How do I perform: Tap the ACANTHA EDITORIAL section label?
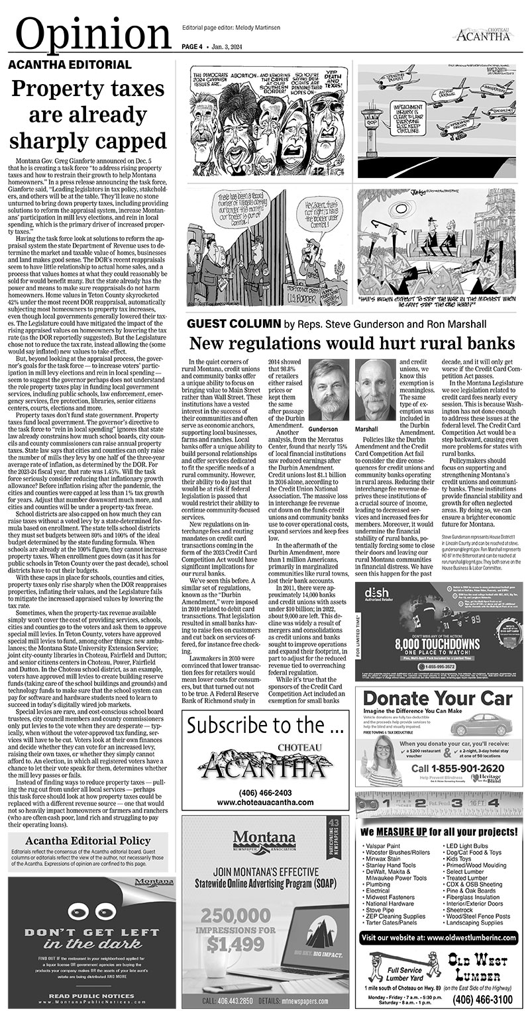coord(70,65)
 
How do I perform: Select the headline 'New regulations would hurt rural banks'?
coord(351,344)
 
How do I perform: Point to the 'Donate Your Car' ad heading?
coord(438,698)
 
